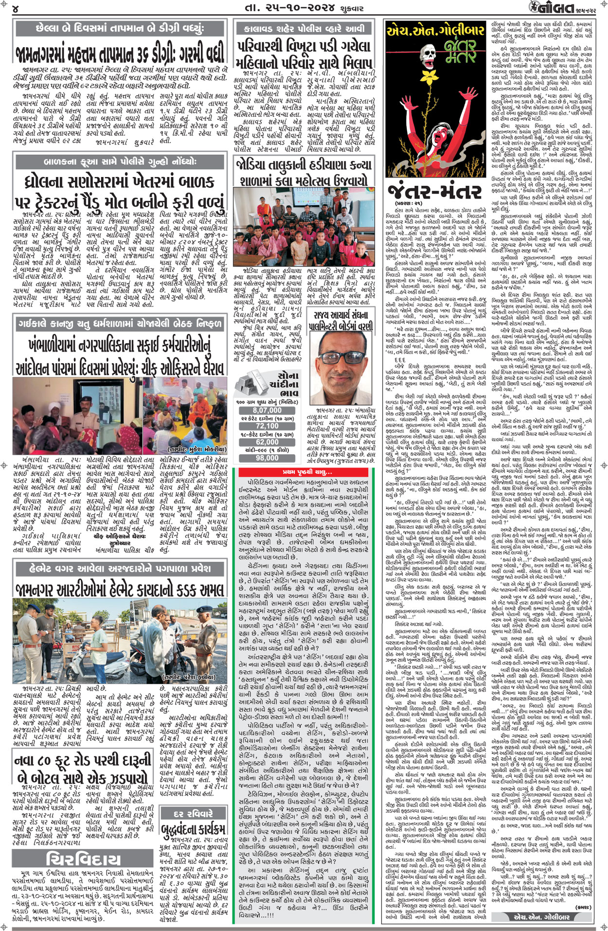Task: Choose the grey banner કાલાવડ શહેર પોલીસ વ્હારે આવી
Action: click(304, 29)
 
